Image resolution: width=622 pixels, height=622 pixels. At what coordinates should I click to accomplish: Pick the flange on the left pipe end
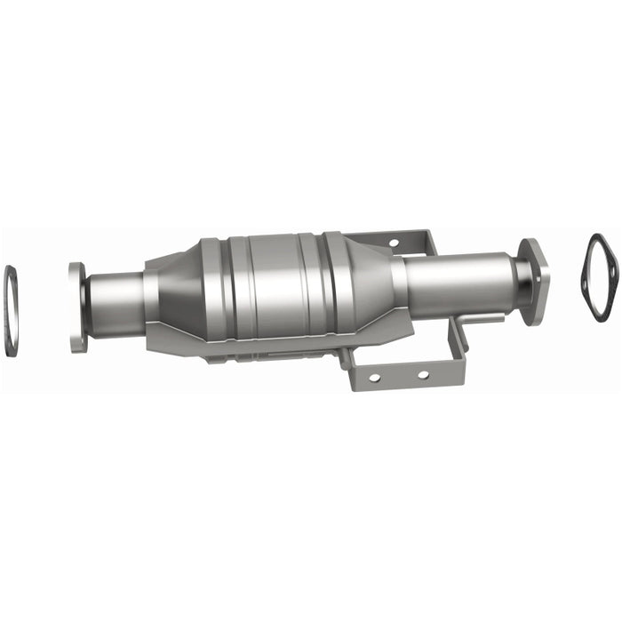click(x=78, y=295)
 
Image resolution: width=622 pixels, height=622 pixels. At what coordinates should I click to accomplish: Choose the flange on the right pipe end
click(x=535, y=281)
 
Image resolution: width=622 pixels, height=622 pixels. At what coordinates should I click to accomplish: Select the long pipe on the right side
click(x=458, y=276)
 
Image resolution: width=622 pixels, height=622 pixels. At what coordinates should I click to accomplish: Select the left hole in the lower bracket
click(x=374, y=378)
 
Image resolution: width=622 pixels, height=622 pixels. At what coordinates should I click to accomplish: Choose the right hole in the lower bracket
click(x=422, y=374)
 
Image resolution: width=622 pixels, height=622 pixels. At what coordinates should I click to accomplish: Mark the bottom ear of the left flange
click(x=78, y=341)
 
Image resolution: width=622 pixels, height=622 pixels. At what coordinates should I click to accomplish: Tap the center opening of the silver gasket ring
click(x=11, y=311)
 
